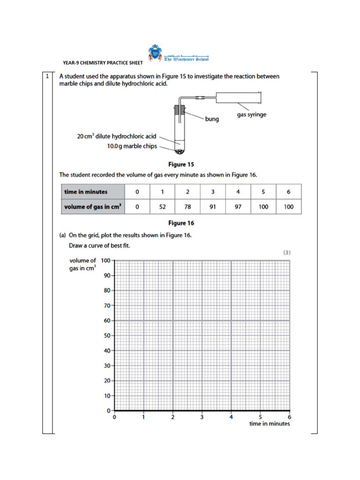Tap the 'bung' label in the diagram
coord(212,119)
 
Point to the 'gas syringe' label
coord(251,115)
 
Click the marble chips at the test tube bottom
coord(179,151)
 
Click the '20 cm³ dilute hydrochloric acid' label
coord(116,136)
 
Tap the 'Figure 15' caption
coord(181,165)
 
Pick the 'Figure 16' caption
coord(181,223)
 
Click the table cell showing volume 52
coord(162,207)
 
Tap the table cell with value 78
coord(187,207)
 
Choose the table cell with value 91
coord(213,207)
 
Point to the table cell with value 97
coord(238,207)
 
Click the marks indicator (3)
coord(287,252)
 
